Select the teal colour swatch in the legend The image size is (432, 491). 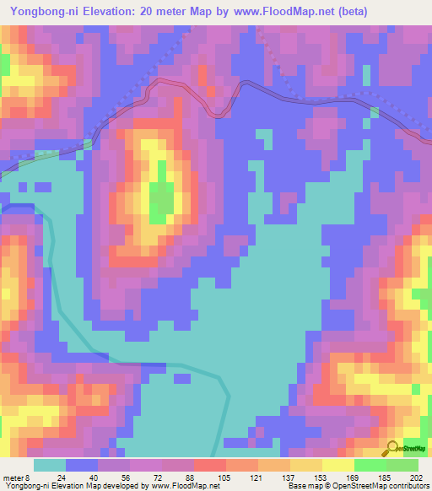coord(50,464)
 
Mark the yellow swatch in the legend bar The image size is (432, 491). coord(337,464)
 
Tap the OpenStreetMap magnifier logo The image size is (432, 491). coord(393,449)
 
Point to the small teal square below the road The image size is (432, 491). coord(264,137)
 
